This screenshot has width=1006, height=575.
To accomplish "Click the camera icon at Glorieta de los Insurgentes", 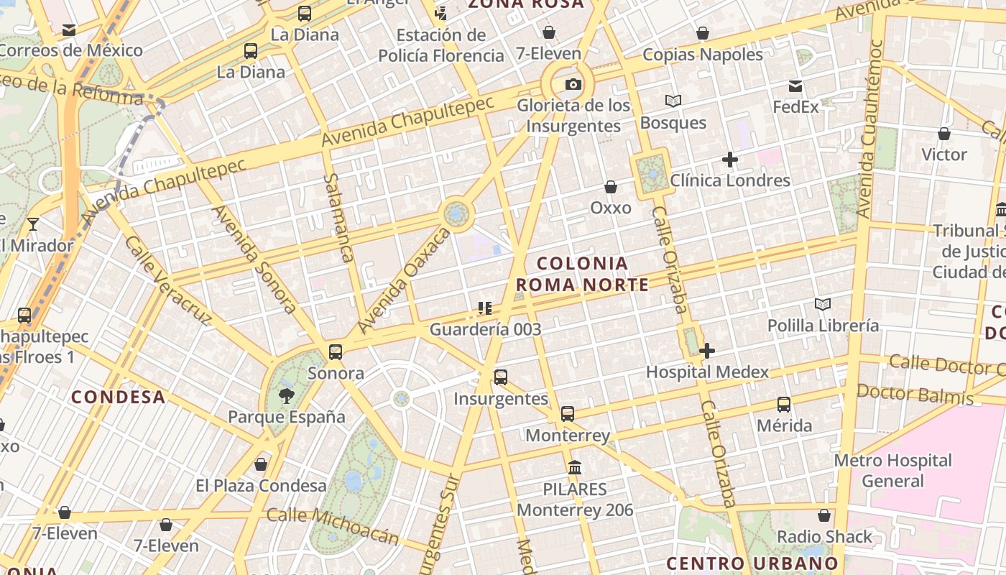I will [573, 85].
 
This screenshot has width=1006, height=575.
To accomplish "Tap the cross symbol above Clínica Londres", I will [730, 160].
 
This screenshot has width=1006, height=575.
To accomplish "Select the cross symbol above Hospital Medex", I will [707, 351].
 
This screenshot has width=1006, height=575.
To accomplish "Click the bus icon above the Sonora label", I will [336, 352].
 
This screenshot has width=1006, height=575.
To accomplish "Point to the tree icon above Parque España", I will [287, 395].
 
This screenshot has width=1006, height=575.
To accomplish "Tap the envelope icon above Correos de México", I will [69, 30].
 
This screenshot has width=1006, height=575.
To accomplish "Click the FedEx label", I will [795, 107].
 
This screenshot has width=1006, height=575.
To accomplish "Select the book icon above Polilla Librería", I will [823, 305].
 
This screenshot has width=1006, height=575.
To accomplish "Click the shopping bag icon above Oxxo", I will [611, 188].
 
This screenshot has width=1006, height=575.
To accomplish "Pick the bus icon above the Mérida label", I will [784, 405].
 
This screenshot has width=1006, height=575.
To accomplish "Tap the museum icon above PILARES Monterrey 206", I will [575, 468].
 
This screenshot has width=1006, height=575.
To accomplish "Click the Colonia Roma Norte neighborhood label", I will [582, 274].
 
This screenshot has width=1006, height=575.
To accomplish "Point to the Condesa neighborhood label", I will [119, 397].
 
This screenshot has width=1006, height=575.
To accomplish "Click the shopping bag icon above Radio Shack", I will [824, 515].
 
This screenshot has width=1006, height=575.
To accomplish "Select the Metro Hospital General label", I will [893, 470].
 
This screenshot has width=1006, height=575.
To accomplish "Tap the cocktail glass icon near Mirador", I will [33, 224].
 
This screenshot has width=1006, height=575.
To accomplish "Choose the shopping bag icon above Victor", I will [944, 134].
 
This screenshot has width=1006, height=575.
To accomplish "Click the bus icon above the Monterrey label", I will [568, 414].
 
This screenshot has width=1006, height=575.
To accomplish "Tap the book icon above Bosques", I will [673, 101].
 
